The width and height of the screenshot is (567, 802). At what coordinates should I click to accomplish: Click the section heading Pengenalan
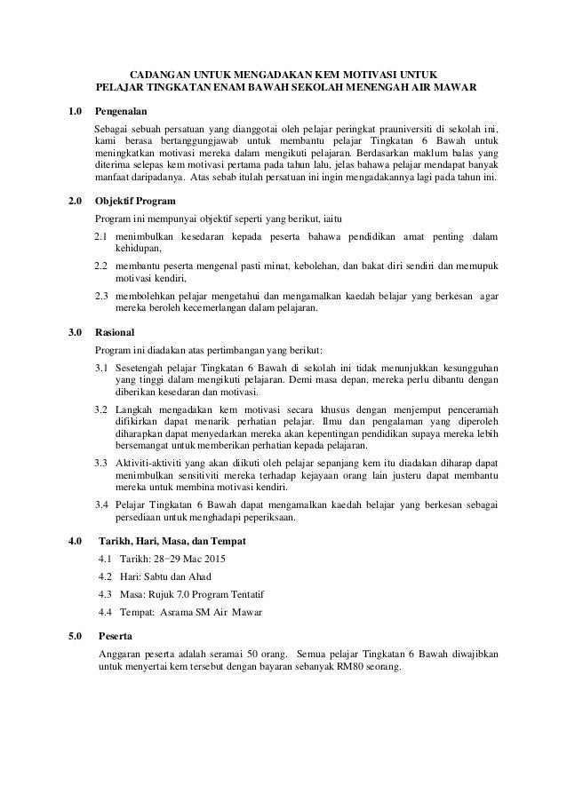click(122, 112)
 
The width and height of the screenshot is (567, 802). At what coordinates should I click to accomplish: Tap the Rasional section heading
click(116, 331)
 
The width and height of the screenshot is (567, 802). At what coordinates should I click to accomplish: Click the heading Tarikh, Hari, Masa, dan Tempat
click(174, 541)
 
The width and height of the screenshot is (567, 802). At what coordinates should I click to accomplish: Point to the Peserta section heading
click(116, 636)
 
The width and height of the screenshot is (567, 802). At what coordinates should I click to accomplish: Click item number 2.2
click(102, 266)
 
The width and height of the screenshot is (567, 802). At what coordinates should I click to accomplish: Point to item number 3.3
click(102, 463)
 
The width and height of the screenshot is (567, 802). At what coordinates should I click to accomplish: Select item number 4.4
click(107, 612)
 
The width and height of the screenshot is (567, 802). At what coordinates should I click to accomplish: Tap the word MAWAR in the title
click(456, 89)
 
